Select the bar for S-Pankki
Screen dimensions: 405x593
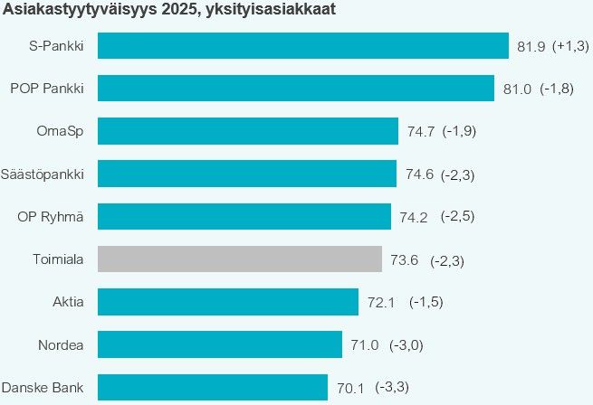pos(302,45)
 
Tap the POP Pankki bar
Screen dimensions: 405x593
pos(296,88)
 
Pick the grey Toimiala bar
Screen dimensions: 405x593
pos(239,259)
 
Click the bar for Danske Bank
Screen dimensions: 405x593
pos(212,388)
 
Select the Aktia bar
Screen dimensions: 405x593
pos(227,302)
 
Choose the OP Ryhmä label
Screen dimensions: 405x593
pos(51,216)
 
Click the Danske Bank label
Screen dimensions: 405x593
pos(43,388)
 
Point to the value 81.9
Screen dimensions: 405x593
pos(530,46)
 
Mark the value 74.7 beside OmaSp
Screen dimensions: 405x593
pos(420,132)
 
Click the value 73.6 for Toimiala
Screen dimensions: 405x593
pos(404,260)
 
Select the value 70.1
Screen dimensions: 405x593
pos(349,389)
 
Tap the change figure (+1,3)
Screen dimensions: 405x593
pos(570,46)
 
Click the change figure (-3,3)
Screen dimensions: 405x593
pos(392,388)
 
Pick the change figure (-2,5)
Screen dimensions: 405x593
pos(458,217)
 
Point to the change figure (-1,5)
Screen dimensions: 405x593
pos(426,302)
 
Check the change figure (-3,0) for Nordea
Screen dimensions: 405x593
pos(406,345)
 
